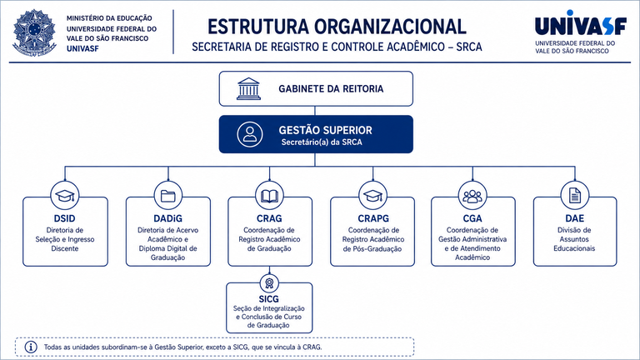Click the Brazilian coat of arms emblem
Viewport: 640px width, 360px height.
click(34, 32)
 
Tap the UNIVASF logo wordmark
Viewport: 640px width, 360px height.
click(580, 23)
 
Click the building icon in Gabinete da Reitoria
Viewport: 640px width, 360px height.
click(248, 88)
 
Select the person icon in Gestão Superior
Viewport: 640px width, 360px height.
click(250, 134)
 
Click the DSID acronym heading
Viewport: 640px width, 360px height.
click(64, 218)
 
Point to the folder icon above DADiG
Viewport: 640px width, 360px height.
click(168, 196)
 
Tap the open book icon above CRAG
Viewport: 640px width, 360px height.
click(269, 197)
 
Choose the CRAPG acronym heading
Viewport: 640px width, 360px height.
click(373, 218)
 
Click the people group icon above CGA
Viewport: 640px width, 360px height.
click(472, 196)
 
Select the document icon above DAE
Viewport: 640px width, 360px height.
click(575, 196)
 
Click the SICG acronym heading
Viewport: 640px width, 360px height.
click(268, 299)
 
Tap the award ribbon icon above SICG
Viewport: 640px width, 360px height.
click(269, 283)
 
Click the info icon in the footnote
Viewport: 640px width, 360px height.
click(31, 347)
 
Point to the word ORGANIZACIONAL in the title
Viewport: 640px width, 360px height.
click(390, 27)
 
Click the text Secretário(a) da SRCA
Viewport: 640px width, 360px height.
click(322, 142)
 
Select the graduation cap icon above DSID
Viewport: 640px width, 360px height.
click(65, 196)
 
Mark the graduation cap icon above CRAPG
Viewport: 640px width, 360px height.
click(372, 196)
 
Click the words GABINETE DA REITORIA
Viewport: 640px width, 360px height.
click(331, 89)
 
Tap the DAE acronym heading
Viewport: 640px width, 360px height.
click(575, 218)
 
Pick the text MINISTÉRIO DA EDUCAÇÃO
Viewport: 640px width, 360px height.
click(109, 18)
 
